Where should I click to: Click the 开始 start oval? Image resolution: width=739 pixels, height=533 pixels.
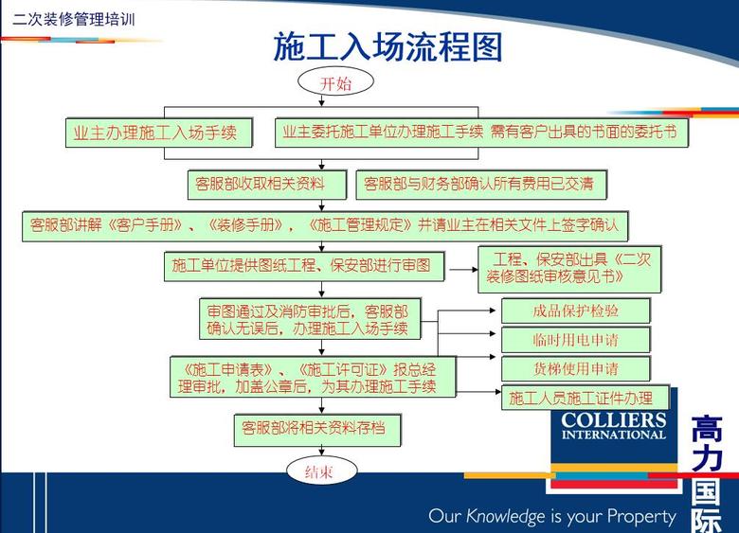coord(335,83)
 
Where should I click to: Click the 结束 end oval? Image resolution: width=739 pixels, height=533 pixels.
coord(317,471)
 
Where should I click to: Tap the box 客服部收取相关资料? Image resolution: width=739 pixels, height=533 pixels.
coord(260,184)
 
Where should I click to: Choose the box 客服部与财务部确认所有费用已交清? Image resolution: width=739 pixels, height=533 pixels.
coord(480,184)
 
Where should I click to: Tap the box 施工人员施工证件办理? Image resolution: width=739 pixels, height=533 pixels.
coord(585,398)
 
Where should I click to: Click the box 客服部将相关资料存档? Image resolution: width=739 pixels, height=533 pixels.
coord(316,429)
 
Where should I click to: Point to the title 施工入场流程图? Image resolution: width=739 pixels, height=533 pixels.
coord(388,47)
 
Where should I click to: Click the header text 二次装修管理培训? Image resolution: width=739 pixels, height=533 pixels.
coord(73,17)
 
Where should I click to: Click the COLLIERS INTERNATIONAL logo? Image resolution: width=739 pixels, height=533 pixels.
coord(614,427)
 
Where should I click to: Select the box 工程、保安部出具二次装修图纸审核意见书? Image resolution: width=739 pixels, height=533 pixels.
coord(568,268)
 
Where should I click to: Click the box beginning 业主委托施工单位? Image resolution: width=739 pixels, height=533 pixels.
coord(481,133)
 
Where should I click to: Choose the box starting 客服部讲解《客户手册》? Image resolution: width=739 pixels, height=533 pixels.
coord(324,225)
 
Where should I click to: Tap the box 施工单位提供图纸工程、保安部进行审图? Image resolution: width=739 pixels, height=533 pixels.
coord(301,266)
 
